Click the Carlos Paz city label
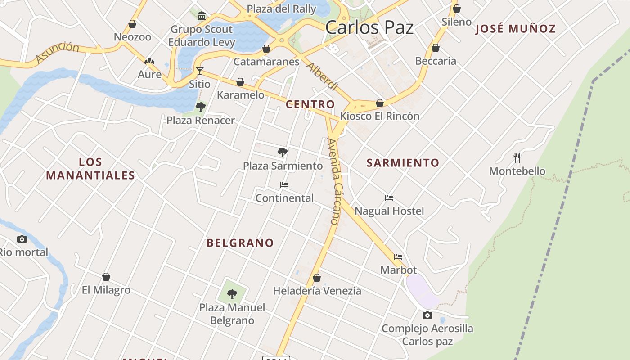pyautogui.click(x=369, y=27)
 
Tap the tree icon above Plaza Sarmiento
pyautogui.click(x=283, y=153)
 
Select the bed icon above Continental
pyautogui.click(x=284, y=185)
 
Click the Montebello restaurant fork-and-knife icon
pyautogui.click(x=517, y=158)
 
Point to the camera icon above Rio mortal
pyautogui.click(x=22, y=239)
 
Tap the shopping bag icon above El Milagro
pyautogui.click(x=106, y=277)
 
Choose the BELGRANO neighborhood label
pyautogui.click(x=240, y=243)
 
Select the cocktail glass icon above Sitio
pyautogui.click(x=199, y=71)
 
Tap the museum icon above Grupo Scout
pyautogui.click(x=202, y=17)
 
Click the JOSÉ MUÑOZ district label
pyautogui.click(x=516, y=29)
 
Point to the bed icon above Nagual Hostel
pyautogui.click(x=389, y=198)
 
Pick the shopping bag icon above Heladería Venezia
pyautogui.click(x=317, y=278)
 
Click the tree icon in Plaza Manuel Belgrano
pyautogui.click(x=232, y=294)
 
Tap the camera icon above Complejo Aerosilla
pyautogui.click(x=427, y=315)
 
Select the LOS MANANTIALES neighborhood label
pyautogui.click(x=90, y=169)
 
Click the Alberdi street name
pyautogui.click(x=322, y=76)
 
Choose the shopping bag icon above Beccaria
pyautogui.click(x=436, y=48)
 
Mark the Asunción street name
pyautogui.click(x=57, y=52)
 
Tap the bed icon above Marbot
pyautogui.click(x=398, y=257)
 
